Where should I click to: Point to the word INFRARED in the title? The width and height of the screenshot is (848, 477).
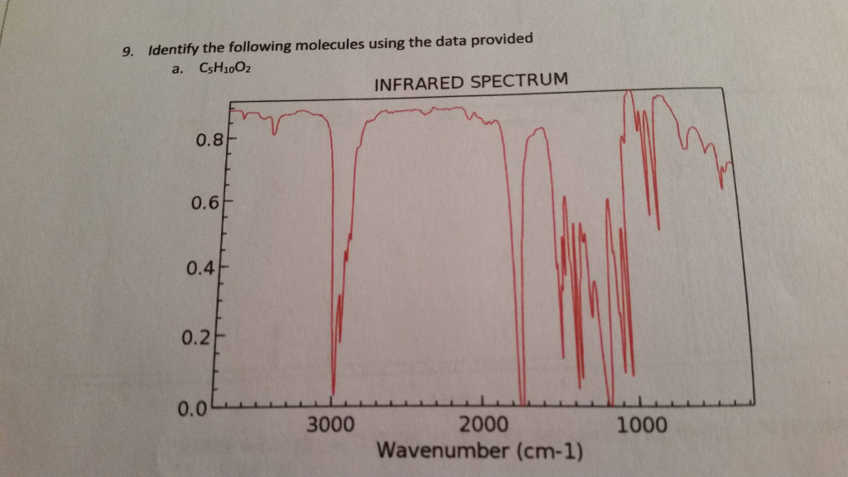(x=418, y=84)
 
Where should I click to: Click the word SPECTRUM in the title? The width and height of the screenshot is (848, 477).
(x=518, y=80)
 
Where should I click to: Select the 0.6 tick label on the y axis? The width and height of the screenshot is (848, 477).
(x=205, y=204)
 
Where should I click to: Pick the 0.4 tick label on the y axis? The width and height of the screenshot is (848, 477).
(x=202, y=269)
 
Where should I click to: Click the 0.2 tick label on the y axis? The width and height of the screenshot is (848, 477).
(x=199, y=337)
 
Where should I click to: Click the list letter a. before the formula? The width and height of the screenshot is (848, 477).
(x=176, y=71)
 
